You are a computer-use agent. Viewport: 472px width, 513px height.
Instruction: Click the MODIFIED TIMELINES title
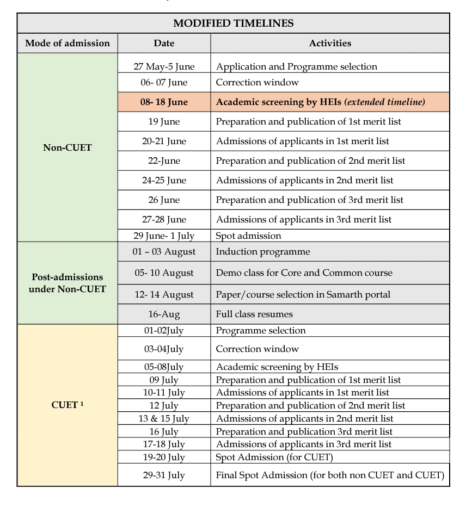pyautogui.click(x=233, y=23)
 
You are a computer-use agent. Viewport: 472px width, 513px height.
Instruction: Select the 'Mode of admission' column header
pyautogui.click(x=68, y=44)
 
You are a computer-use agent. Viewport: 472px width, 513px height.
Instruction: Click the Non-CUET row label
pyautogui.click(x=68, y=147)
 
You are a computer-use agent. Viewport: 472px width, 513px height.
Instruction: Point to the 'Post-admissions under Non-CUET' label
pyautogui.click(x=68, y=283)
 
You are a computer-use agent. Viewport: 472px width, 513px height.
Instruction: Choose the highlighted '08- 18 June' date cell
pyautogui.click(x=164, y=102)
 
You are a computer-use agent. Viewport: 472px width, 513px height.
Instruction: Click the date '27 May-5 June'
pyautogui.click(x=164, y=67)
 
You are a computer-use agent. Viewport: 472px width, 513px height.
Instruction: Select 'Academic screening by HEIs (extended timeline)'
pyautogui.click(x=320, y=102)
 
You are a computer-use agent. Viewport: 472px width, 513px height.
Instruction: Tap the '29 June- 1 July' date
pyautogui.click(x=164, y=236)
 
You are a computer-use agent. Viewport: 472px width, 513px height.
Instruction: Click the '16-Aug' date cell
pyautogui.click(x=164, y=314)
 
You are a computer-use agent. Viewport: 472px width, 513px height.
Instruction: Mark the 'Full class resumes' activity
pyautogui.click(x=254, y=314)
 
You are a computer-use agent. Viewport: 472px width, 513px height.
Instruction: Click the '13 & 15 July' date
pyautogui.click(x=164, y=418)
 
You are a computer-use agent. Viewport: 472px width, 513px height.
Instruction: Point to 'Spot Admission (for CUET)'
pyautogui.click(x=266, y=457)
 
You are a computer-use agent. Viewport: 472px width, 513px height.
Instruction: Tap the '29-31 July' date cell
pyautogui.click(x=164, y=475)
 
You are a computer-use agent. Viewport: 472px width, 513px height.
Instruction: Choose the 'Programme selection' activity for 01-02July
pyautogui.click(x=261, y=330)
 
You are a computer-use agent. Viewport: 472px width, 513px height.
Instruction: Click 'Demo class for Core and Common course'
pyautogui.click(x=304, y=273)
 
